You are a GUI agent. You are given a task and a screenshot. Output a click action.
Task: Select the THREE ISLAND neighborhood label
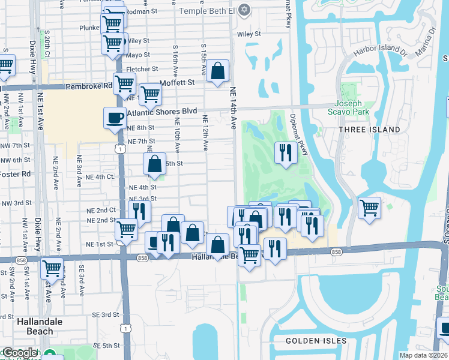click(369, 130)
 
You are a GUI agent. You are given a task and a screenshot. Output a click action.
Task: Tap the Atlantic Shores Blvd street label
click(161, 112)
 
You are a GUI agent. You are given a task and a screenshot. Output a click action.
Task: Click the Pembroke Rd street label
click(89, 86)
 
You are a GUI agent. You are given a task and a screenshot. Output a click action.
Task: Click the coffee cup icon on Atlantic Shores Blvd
click(115, 118)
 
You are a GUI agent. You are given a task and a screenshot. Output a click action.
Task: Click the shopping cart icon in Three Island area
click(369, 208)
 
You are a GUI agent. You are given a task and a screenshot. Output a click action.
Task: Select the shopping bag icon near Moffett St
click(217, 70)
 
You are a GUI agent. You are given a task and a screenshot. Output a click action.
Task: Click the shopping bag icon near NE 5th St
click(155, 164)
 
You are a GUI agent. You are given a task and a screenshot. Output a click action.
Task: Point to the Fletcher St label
click(142, 69)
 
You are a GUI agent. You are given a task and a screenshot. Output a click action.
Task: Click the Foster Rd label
click(15, 175)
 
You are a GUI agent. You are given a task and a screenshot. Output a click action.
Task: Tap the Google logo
click(19, 353)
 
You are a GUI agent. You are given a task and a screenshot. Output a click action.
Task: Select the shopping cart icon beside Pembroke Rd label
click(124, 84)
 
